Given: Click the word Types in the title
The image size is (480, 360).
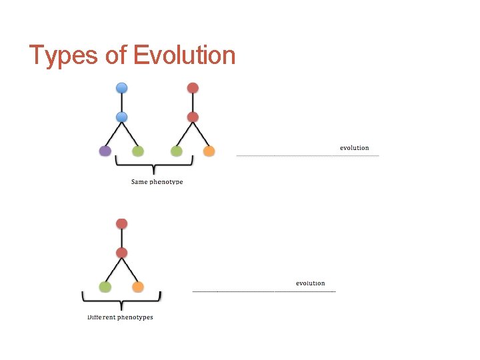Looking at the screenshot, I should coord(64,55).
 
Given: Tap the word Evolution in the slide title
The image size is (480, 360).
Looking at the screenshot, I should coord(185,55).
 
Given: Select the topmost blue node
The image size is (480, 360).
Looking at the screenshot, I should coord(121,88).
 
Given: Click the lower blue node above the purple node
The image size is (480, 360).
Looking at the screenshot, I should coord(121,117).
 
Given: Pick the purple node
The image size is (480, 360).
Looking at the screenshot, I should coord(105,151).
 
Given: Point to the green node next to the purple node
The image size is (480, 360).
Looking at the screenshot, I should coord(137,151).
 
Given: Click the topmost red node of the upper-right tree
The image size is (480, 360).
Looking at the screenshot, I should coord(193,88).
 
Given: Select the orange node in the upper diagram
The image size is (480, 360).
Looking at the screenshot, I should coord(209,151).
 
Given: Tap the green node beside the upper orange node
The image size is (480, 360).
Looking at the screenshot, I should coord(177,151).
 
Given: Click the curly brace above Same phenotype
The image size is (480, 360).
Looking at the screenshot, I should coord(154,165).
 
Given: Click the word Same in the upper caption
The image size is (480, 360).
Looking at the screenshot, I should coord(139,181).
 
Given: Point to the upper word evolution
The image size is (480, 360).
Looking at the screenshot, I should coord(354,148).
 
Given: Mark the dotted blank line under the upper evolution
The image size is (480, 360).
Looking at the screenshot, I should coord(307,156).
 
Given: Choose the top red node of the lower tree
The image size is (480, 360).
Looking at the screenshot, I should coord(121,223).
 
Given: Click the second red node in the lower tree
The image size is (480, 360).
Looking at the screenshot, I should coord(121,253).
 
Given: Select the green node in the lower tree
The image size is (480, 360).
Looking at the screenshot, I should coord(105,287).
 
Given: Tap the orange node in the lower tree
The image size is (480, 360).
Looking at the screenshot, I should coord(138,287).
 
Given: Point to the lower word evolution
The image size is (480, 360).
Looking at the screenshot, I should coord(310,283).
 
